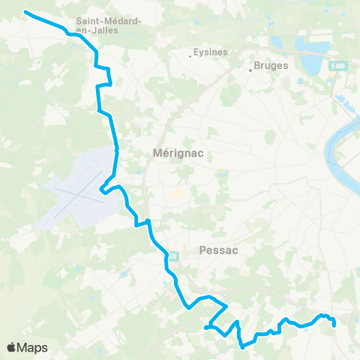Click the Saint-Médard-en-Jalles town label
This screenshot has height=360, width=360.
pos(109,25)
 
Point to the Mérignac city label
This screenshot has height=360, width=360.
pos(178,152)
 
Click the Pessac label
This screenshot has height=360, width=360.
pos(220,251)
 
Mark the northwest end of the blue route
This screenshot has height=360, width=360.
pos(25,12)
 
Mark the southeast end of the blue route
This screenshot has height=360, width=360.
pos(334,325)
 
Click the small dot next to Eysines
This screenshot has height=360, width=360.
pos(190,54)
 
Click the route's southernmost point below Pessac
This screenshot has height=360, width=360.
pos(242,347)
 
